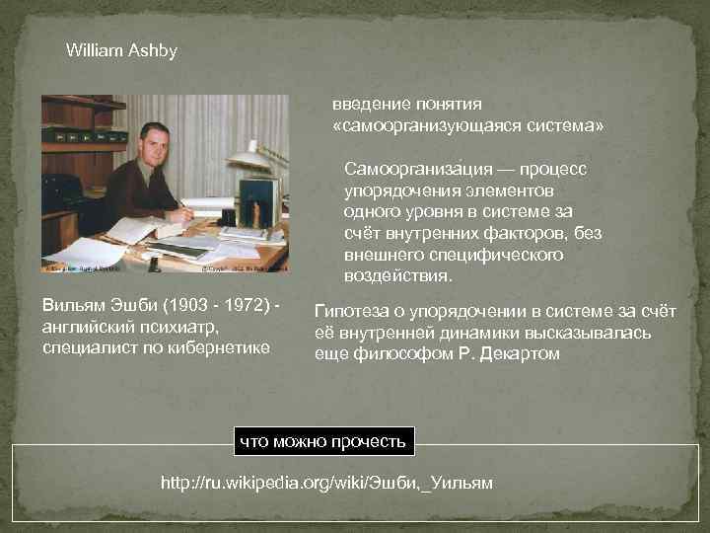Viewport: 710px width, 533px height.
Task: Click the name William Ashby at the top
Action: point(121,50)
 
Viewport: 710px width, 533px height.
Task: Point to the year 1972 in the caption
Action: point(236,309)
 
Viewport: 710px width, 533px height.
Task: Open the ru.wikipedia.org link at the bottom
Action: point(326,483)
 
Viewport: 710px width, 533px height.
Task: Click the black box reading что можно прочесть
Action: point(323,441)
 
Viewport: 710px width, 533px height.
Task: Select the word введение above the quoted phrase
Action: point(370,105)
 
